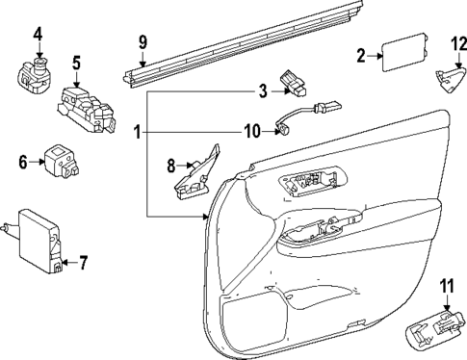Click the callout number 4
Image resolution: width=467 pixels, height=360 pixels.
point(38,38)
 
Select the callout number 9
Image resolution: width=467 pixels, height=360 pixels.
point(143,42)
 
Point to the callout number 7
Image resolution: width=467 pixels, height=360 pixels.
point(83,261)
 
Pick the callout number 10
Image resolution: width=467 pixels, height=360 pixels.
point(250,130)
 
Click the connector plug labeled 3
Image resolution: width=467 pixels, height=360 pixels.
point(293,85)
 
